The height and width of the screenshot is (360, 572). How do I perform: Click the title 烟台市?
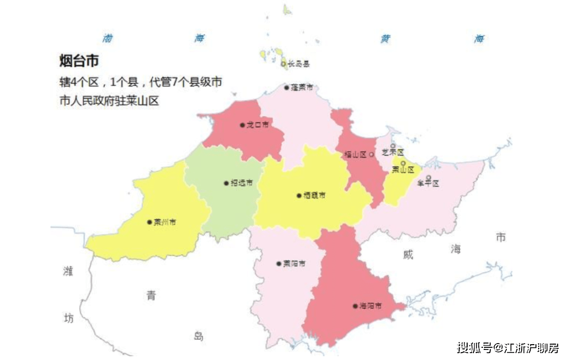point(79,61)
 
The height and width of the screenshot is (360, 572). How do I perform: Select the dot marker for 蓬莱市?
point(287,88)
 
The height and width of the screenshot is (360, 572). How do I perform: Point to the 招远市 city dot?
point(226,183)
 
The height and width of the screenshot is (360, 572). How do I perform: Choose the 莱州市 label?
point(165,222)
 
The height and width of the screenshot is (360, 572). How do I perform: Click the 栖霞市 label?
point(315,195)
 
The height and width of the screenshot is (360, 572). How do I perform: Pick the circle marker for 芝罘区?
point(392,146)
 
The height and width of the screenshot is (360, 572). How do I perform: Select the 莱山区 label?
point(403,170)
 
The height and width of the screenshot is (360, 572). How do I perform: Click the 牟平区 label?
point(428,184)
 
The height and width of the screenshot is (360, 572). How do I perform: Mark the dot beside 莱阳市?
point(279,264)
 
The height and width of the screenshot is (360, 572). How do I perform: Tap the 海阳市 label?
point(370,306)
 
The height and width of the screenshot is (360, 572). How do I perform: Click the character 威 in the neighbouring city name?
point(407,255)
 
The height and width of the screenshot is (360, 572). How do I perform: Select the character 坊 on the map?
point(68,318)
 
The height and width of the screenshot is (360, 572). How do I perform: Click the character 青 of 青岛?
point(151,296)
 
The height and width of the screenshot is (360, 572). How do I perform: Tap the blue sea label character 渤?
point(108,38)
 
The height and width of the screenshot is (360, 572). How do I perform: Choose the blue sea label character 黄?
point(386,39)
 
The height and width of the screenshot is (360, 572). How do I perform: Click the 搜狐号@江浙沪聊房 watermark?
point(508,348)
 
